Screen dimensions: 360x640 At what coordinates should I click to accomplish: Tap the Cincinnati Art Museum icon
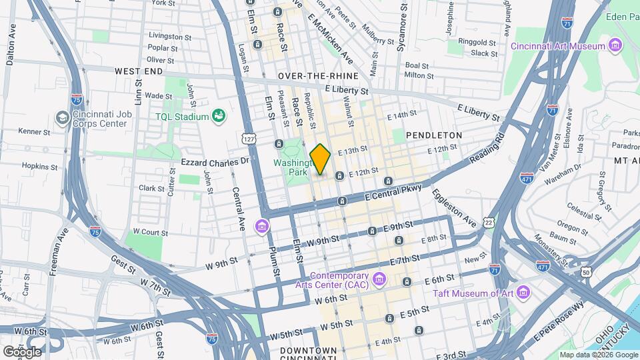pyautogui.click(x=615, y=46)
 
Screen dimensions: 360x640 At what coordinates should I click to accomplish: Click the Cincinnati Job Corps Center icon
pyautogui.click(x=63, y=118)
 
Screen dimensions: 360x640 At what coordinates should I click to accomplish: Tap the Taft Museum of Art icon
pyautogui.click(x=523, y=293)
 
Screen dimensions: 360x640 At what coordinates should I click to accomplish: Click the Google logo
pyautogui.click(x=22, y=351)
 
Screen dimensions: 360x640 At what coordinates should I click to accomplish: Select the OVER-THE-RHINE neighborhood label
pyautogui.click(x=313, y=77)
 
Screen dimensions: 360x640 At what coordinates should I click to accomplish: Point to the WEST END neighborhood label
pyautogui.click(x=139, y=70)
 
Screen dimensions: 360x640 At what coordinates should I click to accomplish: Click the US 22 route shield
pyautogui.click(x=489, y=221)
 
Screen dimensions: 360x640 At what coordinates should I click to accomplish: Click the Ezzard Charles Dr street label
pyautogui.click(x=215, y=162)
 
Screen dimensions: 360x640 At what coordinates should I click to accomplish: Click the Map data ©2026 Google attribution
pyautogui.click(x=597, y=355)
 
